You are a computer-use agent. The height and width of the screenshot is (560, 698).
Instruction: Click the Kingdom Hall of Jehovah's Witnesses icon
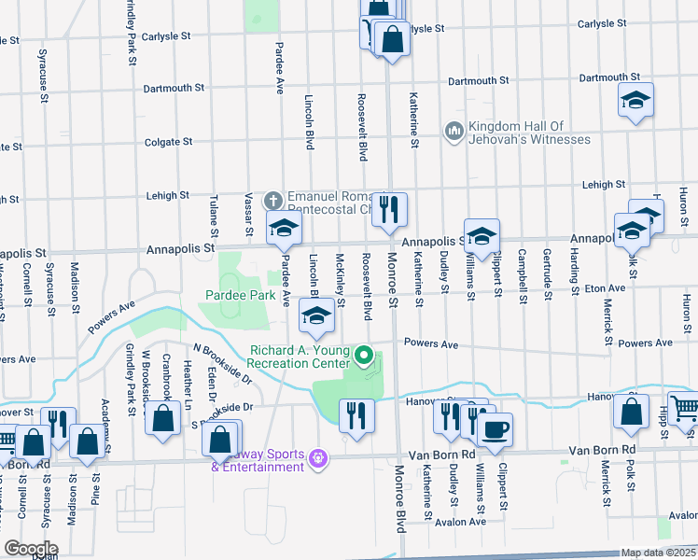coord(454,131)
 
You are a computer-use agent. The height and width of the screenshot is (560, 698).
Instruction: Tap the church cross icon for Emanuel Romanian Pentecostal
coord(272,200)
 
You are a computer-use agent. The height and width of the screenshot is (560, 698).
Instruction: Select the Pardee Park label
coord(240,295)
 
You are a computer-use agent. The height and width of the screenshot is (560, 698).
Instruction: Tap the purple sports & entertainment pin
coord(318,458)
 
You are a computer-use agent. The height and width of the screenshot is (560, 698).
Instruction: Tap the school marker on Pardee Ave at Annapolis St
coord(284,227)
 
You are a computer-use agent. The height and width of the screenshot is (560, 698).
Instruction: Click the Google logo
coord(30,548)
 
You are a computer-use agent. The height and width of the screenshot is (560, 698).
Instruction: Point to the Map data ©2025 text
coord(657,553)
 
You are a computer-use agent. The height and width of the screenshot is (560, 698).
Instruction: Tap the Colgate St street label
coord(168,142)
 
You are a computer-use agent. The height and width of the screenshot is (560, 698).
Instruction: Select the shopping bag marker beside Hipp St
coord(632,409)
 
